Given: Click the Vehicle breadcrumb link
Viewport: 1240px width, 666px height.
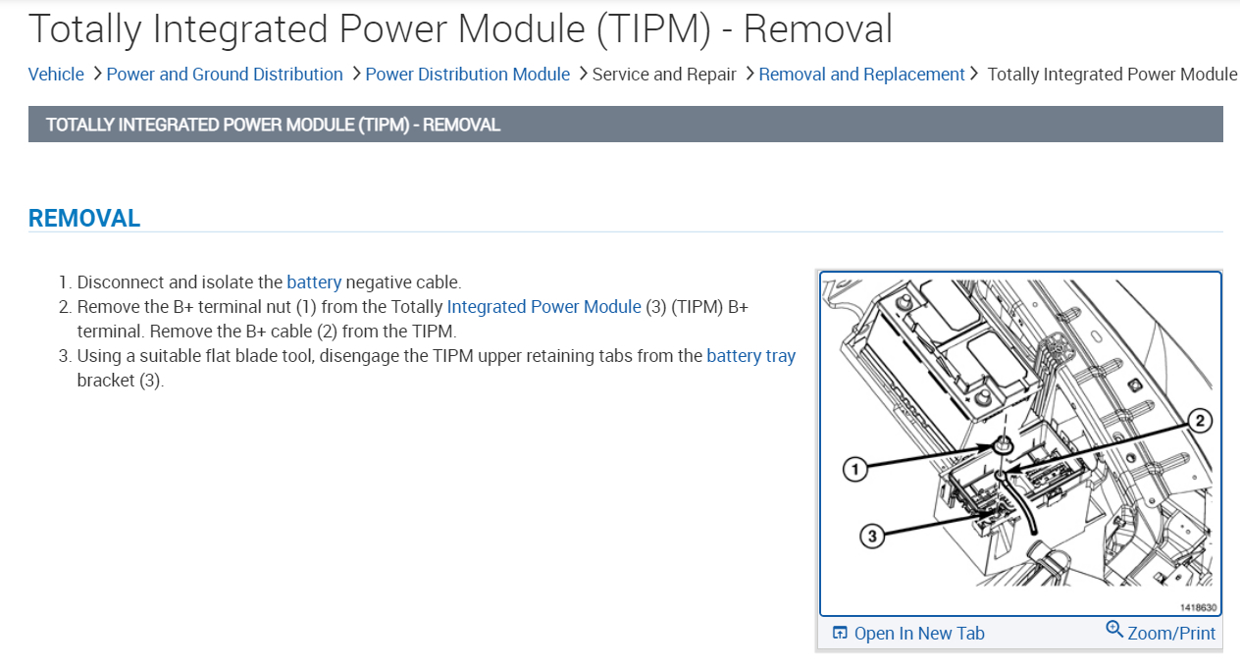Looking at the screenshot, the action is tap(56, 75).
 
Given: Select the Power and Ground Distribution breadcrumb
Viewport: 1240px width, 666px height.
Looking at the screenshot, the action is tap(225, 75).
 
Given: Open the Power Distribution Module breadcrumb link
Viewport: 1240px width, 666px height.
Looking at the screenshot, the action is tap(467, 75).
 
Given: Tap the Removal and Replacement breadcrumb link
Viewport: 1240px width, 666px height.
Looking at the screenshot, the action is tap(861, 75).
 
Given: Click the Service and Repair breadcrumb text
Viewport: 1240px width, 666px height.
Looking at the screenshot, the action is tap(664, 75).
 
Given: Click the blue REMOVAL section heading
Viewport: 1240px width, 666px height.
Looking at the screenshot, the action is tap(84, 219).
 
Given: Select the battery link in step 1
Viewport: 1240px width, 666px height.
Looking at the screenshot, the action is tap(314, 282).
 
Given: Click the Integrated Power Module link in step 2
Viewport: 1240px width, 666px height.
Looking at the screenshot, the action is tap(543, 307).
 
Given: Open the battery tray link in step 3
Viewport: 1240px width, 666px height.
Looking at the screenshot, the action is tap(750, 356).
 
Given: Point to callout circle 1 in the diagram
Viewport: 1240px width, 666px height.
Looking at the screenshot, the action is tap(856, 471).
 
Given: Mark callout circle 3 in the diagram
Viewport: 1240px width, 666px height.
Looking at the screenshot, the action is tap(872, 536).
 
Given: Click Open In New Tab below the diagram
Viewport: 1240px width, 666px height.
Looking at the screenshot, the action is tap(918, 634).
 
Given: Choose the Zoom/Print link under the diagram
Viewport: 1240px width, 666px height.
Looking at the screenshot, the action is tap(1171, 634).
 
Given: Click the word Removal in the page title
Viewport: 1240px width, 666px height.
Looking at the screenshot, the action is tap(817, 28).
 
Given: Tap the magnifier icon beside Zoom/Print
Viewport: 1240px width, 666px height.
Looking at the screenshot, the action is tap(1114, 630).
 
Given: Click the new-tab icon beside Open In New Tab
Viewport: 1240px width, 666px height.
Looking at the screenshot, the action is tap(840, 634).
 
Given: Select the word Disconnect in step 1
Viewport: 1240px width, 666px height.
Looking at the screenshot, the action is tap(116, 282).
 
